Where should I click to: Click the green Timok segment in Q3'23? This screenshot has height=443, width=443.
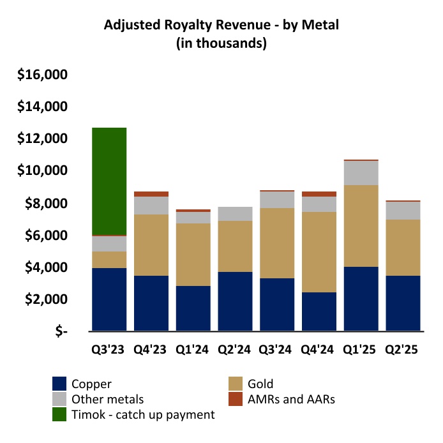point(109,181)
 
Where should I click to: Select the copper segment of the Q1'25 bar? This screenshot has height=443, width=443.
point(361,299)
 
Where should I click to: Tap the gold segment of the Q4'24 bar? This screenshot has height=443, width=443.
point(319,252)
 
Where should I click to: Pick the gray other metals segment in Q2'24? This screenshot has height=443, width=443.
point(235,214)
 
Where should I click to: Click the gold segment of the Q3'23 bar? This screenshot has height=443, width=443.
point(109,259)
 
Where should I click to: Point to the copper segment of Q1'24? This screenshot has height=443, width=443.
point(193,308)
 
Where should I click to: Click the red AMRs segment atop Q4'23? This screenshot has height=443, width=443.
point(151,194)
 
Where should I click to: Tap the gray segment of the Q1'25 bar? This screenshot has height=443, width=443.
point(361,173)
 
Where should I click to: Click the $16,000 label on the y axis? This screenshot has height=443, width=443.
point(43,75)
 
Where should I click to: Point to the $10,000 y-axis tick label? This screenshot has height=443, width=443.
point(43,171)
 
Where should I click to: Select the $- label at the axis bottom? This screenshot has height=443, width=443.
point(61,332)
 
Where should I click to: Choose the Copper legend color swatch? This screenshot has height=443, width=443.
point(60,384)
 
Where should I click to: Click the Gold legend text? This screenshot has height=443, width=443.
point(262,384)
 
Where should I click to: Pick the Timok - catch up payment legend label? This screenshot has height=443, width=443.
point(143,414)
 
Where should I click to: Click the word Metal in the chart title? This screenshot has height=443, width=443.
point(322,26)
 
